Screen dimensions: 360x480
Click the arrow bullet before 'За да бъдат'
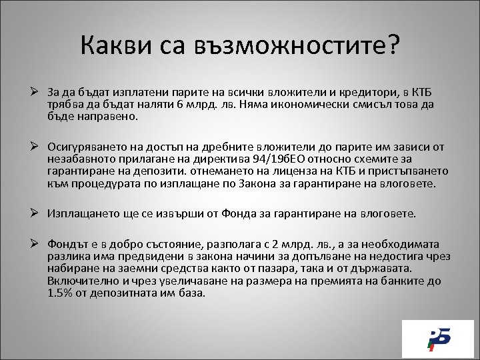pos(37,91)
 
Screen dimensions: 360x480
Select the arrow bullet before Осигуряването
pos(37,146)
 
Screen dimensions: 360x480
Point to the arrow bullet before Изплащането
pos(37,213)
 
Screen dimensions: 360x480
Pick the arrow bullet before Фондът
pos(37,244)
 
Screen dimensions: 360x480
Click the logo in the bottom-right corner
pos(437,339)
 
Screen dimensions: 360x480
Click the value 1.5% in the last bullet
pos(62,293)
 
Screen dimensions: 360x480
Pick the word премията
pos(340,281)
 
